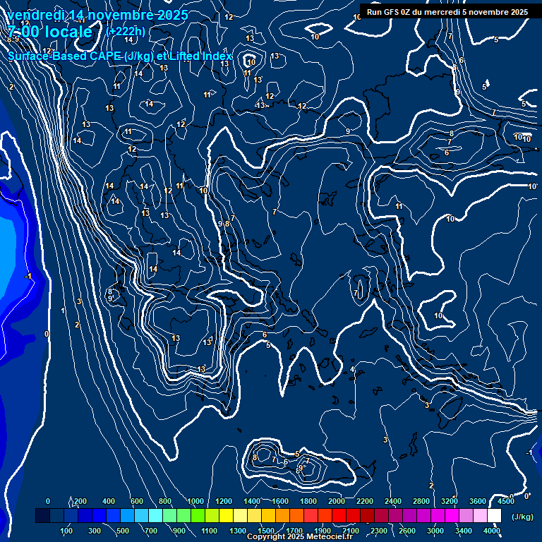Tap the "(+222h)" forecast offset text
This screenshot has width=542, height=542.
[x=126, y=31]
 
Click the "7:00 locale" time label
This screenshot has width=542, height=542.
[x=51, y=32]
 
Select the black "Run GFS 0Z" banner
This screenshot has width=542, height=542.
[x=447, y=11]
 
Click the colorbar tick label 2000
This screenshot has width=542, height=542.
[x=337, y=501]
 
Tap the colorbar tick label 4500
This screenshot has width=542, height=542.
[x=505, y=501]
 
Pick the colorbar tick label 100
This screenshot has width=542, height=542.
[x=66, y=531]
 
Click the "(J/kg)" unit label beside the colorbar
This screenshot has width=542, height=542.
[x=523, y=517]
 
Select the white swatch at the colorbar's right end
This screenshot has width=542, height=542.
[x=494, y=517]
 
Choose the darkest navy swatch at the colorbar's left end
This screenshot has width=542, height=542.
[x=42, y=517]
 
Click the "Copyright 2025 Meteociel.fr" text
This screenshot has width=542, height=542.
[x=299, y=537]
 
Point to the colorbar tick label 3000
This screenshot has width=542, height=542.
[x=435, y=531]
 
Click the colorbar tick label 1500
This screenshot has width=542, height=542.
[x=266, y=531]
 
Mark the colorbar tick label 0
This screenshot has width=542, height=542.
[x=48, y=501]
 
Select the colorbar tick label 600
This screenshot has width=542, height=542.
[x=137, y=501]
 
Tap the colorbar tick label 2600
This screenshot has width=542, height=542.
[x=407, y=531]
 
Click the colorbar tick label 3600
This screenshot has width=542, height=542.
[x=478, y=501]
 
